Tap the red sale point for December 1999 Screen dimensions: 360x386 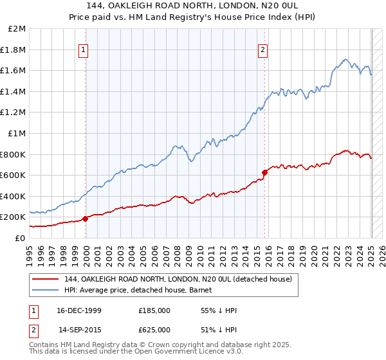(x=86, y=219)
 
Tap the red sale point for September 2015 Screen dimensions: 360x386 (x=264, y=172)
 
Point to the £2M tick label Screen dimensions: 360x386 (x=17, y=29)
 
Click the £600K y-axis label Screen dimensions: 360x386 (x=14, y=175)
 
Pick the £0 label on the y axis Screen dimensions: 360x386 (x=21, y=238)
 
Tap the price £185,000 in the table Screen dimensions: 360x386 (x=154, y=310)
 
